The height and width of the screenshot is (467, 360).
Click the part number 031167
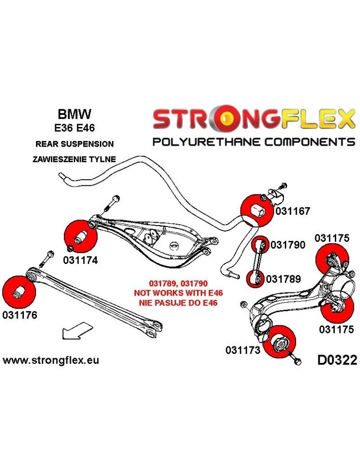(293, 211)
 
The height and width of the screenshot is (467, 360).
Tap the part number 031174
(80, 260)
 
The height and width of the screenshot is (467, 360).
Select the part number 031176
(20, 315)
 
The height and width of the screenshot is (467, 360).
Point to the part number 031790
(288, 245)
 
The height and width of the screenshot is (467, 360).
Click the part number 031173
(243, 350)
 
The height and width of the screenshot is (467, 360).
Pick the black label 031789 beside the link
(283, 279)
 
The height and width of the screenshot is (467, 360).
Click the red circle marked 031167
(257, 210)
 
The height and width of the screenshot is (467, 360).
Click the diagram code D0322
(337, 360)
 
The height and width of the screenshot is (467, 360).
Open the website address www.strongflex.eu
(51, 360)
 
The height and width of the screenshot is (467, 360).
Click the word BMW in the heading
(74, 114)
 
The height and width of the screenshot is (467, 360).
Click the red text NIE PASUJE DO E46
(178, 303)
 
